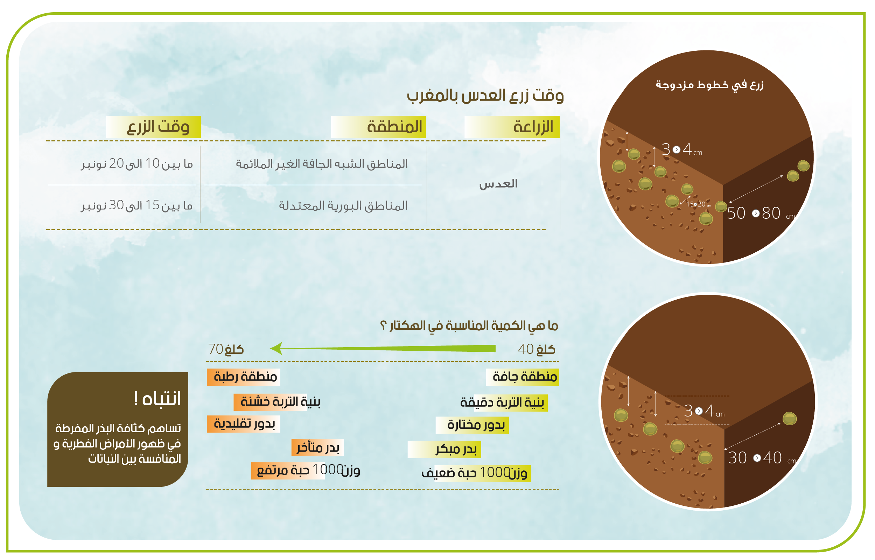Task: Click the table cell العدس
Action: pos(498,184)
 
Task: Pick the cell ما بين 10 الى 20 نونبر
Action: pos(137,164)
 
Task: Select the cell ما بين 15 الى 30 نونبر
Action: pos(137,205)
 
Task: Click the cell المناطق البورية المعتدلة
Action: pos(343,206)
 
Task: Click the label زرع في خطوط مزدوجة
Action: pos(709,85)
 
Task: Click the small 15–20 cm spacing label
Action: pos(698,204)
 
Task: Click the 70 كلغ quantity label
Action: pos(226,349)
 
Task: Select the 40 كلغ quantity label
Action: pos(537,349)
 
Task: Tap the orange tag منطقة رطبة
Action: pos(244,377)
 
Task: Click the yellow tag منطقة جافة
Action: pos(523,377)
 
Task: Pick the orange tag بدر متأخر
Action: pos(317,447)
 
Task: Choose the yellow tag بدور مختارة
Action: pos(472,425)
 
